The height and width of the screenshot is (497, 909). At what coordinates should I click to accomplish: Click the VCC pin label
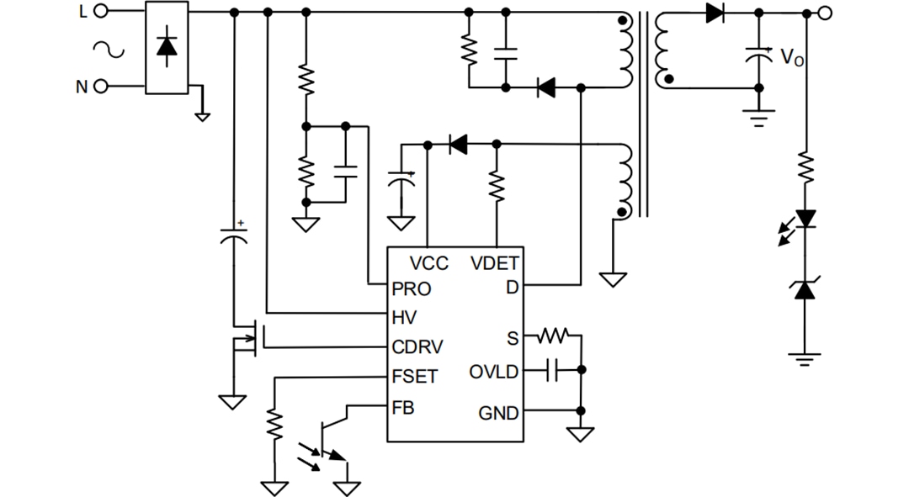coord(428,263)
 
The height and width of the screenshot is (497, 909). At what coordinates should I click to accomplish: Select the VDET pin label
coord(495,263)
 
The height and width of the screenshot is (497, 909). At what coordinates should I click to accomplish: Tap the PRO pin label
coord(412,289)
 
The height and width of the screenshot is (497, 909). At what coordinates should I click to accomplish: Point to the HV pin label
coord(404,317)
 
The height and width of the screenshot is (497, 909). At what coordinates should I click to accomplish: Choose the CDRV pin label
coord(418,346)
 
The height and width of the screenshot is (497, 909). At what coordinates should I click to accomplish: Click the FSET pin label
coord(415,377)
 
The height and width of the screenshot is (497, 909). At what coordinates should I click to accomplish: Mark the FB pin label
coord(403,408)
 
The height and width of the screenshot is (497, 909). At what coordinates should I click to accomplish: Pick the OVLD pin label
coord(494,371)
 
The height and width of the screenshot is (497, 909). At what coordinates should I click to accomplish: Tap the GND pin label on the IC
coord(498,413)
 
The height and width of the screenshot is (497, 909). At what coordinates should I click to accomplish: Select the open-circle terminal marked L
coord(101,11)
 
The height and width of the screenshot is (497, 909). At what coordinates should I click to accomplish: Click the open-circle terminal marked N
coord(101,87)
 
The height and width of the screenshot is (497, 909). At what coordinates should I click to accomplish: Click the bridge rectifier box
coord(167,47)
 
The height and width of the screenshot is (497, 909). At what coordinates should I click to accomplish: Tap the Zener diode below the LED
coord(805,289)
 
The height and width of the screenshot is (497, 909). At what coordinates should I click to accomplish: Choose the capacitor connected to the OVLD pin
coord(552,370)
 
